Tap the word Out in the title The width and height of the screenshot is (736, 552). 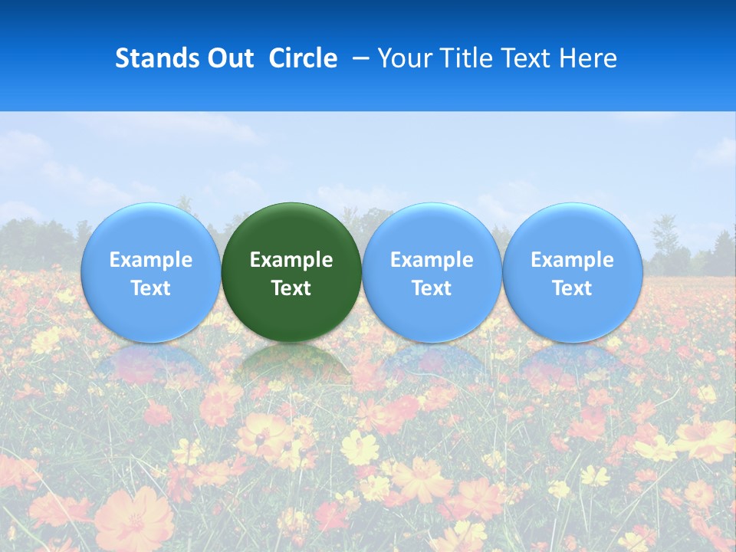click(x=228, y=58)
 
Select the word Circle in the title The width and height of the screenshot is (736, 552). click(x=303, y=58)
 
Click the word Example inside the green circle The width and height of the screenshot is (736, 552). click(x=291, y=260)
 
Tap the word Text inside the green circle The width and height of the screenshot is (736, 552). click(x=291, y=288)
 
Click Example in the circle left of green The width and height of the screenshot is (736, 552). click(x=150, y=260)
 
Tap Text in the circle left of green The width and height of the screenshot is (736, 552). click(x=150, y=288)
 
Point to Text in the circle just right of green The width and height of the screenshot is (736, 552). click(x=432, y=288)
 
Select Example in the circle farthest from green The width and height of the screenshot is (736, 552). click(x=572, y=260)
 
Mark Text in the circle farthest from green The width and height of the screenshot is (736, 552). click(x=572, y=288)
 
